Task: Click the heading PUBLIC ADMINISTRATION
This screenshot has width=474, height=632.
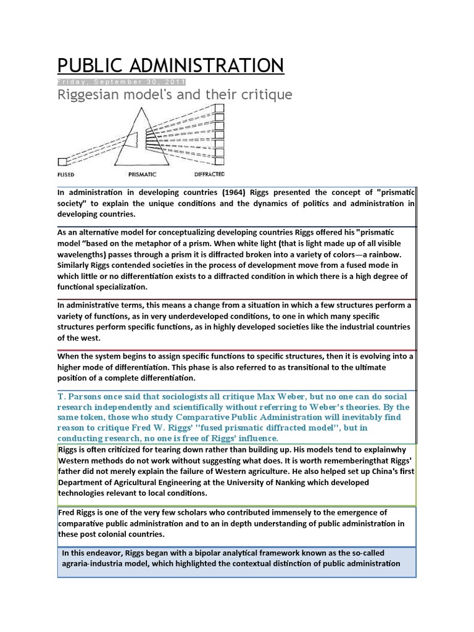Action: coord(170,65)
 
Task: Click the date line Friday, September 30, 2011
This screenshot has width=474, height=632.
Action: coord(121,83)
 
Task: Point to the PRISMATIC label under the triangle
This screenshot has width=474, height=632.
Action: coord(138,174)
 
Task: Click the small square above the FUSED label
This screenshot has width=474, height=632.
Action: coord(62,162)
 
